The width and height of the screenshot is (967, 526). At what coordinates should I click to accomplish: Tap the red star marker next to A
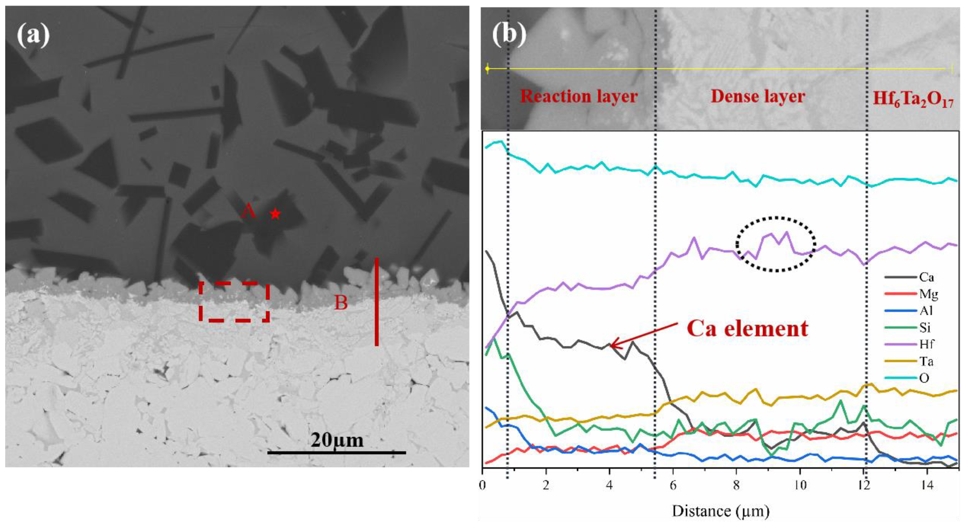click(275, 214)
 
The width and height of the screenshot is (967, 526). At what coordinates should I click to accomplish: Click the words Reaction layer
click(579, 97)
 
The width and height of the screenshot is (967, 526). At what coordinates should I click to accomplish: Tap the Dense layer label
click(758, 97)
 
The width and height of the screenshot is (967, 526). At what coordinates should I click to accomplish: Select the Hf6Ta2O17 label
click(913, 100)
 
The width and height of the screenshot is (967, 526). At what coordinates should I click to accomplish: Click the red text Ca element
click(747, 329)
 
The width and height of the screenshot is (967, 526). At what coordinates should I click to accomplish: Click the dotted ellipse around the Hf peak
click(776, 244)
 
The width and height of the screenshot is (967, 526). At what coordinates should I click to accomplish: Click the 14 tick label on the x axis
click(927, 485)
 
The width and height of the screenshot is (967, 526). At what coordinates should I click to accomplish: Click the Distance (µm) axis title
click(720, 511)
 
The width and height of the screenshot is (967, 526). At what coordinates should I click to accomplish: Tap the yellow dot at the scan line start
click(487, 69)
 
